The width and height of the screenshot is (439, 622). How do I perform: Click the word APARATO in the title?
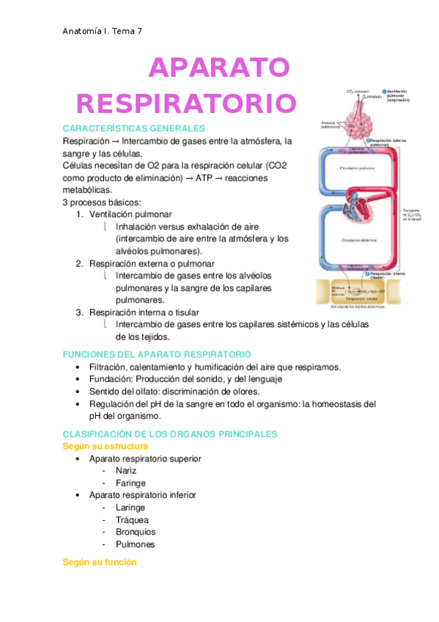pyautogui.click(x=218, y=67)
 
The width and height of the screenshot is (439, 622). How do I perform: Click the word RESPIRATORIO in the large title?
pyautogui.click(x=187, y=103)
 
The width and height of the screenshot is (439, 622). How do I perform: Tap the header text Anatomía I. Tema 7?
pyautogui.click(x=102, y=32)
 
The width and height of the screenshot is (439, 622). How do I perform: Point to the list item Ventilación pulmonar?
pyautogui.click(x=130, y=214)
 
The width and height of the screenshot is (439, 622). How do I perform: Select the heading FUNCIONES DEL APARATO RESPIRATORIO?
pyautogui.click(x=157, y=354)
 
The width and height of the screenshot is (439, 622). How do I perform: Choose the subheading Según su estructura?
pyautogui.click(x=106, y=446)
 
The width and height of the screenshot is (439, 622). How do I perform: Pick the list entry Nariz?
pyautogui.click(x=127, y=471)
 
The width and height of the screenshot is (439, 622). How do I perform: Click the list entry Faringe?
pyautogui.click(x=130, y=483)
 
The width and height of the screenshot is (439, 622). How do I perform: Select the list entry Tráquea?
pyautogui.click(x=130, y=519)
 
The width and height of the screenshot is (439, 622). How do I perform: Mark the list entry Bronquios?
pyautogui.click(x=136, y=532)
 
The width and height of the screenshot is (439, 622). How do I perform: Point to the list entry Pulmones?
pyautogui.click(x=135, y=544)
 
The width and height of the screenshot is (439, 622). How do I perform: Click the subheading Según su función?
pyautogui.click(x=100, y=562)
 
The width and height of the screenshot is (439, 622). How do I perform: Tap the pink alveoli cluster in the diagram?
pyautogui.click(x=359, y=117)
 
